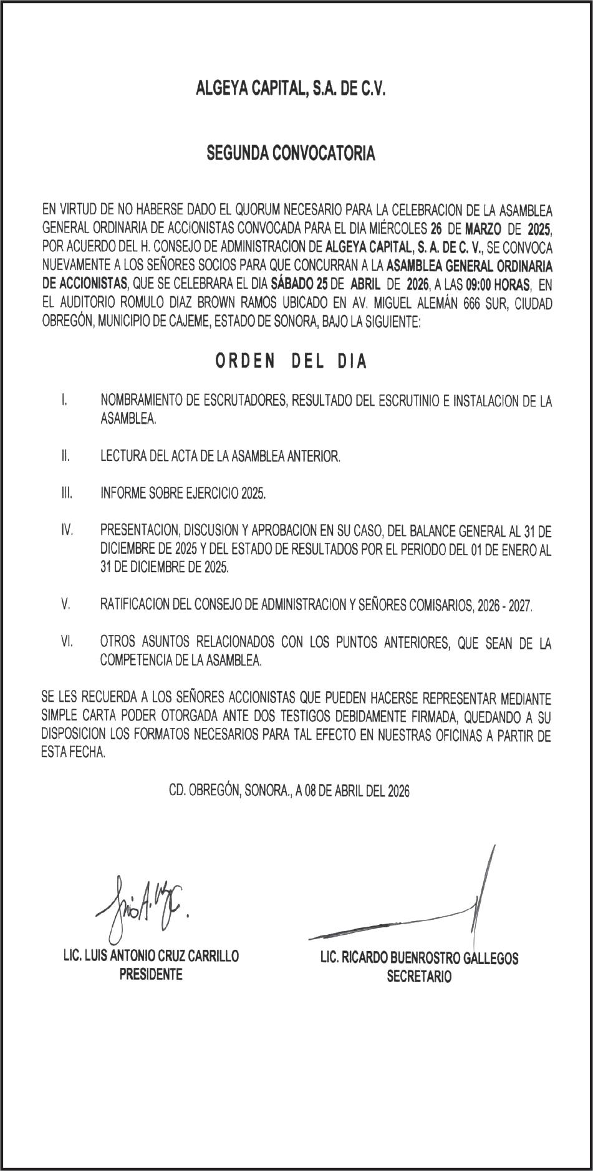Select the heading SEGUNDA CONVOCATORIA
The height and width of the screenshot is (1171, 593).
click(291, 153)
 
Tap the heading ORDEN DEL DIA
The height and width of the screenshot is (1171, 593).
click(291, 362)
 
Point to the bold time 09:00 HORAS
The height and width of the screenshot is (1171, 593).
click(493, 285)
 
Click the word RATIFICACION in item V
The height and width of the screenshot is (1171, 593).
click(137, 605)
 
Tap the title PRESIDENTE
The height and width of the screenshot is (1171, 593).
click(151, 974)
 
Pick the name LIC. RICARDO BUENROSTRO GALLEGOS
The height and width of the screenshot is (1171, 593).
click(419, 958)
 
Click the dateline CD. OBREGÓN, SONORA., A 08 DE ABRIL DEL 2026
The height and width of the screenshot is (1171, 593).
click(289, 791)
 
